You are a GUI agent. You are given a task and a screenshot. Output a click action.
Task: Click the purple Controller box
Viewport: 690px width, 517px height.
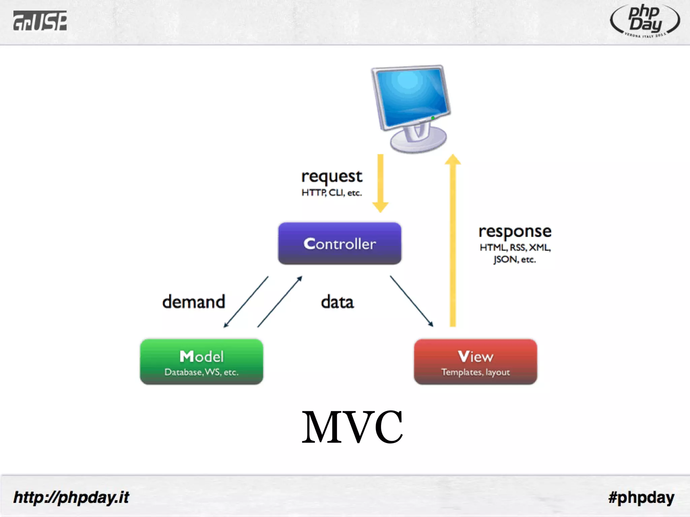[340, 243]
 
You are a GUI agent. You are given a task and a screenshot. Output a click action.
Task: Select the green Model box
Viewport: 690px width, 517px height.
[201, 361]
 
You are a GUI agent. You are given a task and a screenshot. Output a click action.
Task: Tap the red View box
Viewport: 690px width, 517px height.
[475, 361]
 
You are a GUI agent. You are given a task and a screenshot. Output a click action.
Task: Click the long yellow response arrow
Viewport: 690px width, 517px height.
[453, 242]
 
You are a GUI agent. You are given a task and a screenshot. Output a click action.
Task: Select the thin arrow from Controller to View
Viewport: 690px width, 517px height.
[411, 301]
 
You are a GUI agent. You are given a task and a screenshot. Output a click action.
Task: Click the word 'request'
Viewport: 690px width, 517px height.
[332, 176]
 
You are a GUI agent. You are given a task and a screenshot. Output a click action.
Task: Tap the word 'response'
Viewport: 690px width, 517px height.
[515, 232]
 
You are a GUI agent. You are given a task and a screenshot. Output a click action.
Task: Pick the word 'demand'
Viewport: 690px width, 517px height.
[194, 302]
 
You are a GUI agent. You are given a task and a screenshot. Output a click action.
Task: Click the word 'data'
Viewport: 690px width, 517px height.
[337, 302]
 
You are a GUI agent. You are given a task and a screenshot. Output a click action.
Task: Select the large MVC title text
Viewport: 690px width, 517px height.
[352, 426]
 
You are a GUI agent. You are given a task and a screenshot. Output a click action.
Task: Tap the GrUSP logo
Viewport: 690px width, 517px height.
[40, 21]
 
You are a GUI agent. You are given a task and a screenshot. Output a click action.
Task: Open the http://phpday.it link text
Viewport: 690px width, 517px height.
[71, 497]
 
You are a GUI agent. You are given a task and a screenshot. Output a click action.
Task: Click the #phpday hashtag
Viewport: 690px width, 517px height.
[641, 497]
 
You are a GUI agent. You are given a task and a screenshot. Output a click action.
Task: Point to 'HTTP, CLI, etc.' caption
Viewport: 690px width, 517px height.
[332, 193]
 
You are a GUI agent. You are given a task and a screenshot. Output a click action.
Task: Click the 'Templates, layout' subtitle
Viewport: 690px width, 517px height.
[475, 372]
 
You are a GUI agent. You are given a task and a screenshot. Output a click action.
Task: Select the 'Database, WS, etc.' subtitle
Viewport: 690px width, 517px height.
[201, 372]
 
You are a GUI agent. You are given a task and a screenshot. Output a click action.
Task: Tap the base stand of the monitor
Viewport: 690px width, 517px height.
[418, 141]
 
